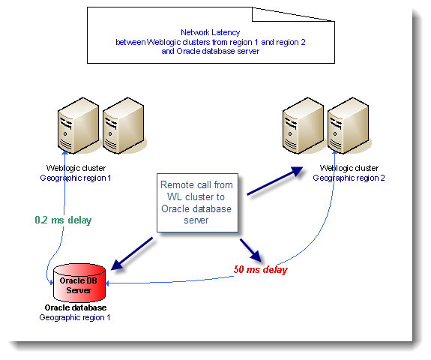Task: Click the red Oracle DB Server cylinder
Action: coord(79,283)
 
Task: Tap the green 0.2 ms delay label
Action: coord(63,220)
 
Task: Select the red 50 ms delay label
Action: coord(261,269)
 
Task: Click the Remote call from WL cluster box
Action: coord(197,202)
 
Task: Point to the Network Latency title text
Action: coord(211,32)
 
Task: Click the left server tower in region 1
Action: coord(79,125)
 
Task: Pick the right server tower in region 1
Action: coord(124,125)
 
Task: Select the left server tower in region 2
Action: coord(303,125)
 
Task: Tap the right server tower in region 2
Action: coord(349,125)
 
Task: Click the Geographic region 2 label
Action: coord(349,178)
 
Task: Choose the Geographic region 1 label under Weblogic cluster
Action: coord(76,178)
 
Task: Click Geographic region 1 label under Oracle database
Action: coord(75,317)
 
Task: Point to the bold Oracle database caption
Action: coord(76,307)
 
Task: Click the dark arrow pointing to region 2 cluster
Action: coord(275,181)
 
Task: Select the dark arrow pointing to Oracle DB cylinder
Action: coord(132,253)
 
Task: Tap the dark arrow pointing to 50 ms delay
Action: coord(250,250)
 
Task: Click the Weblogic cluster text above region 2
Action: coord(349,168)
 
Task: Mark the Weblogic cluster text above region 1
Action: coord(76,168)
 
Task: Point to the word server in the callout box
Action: coord(196,220)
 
